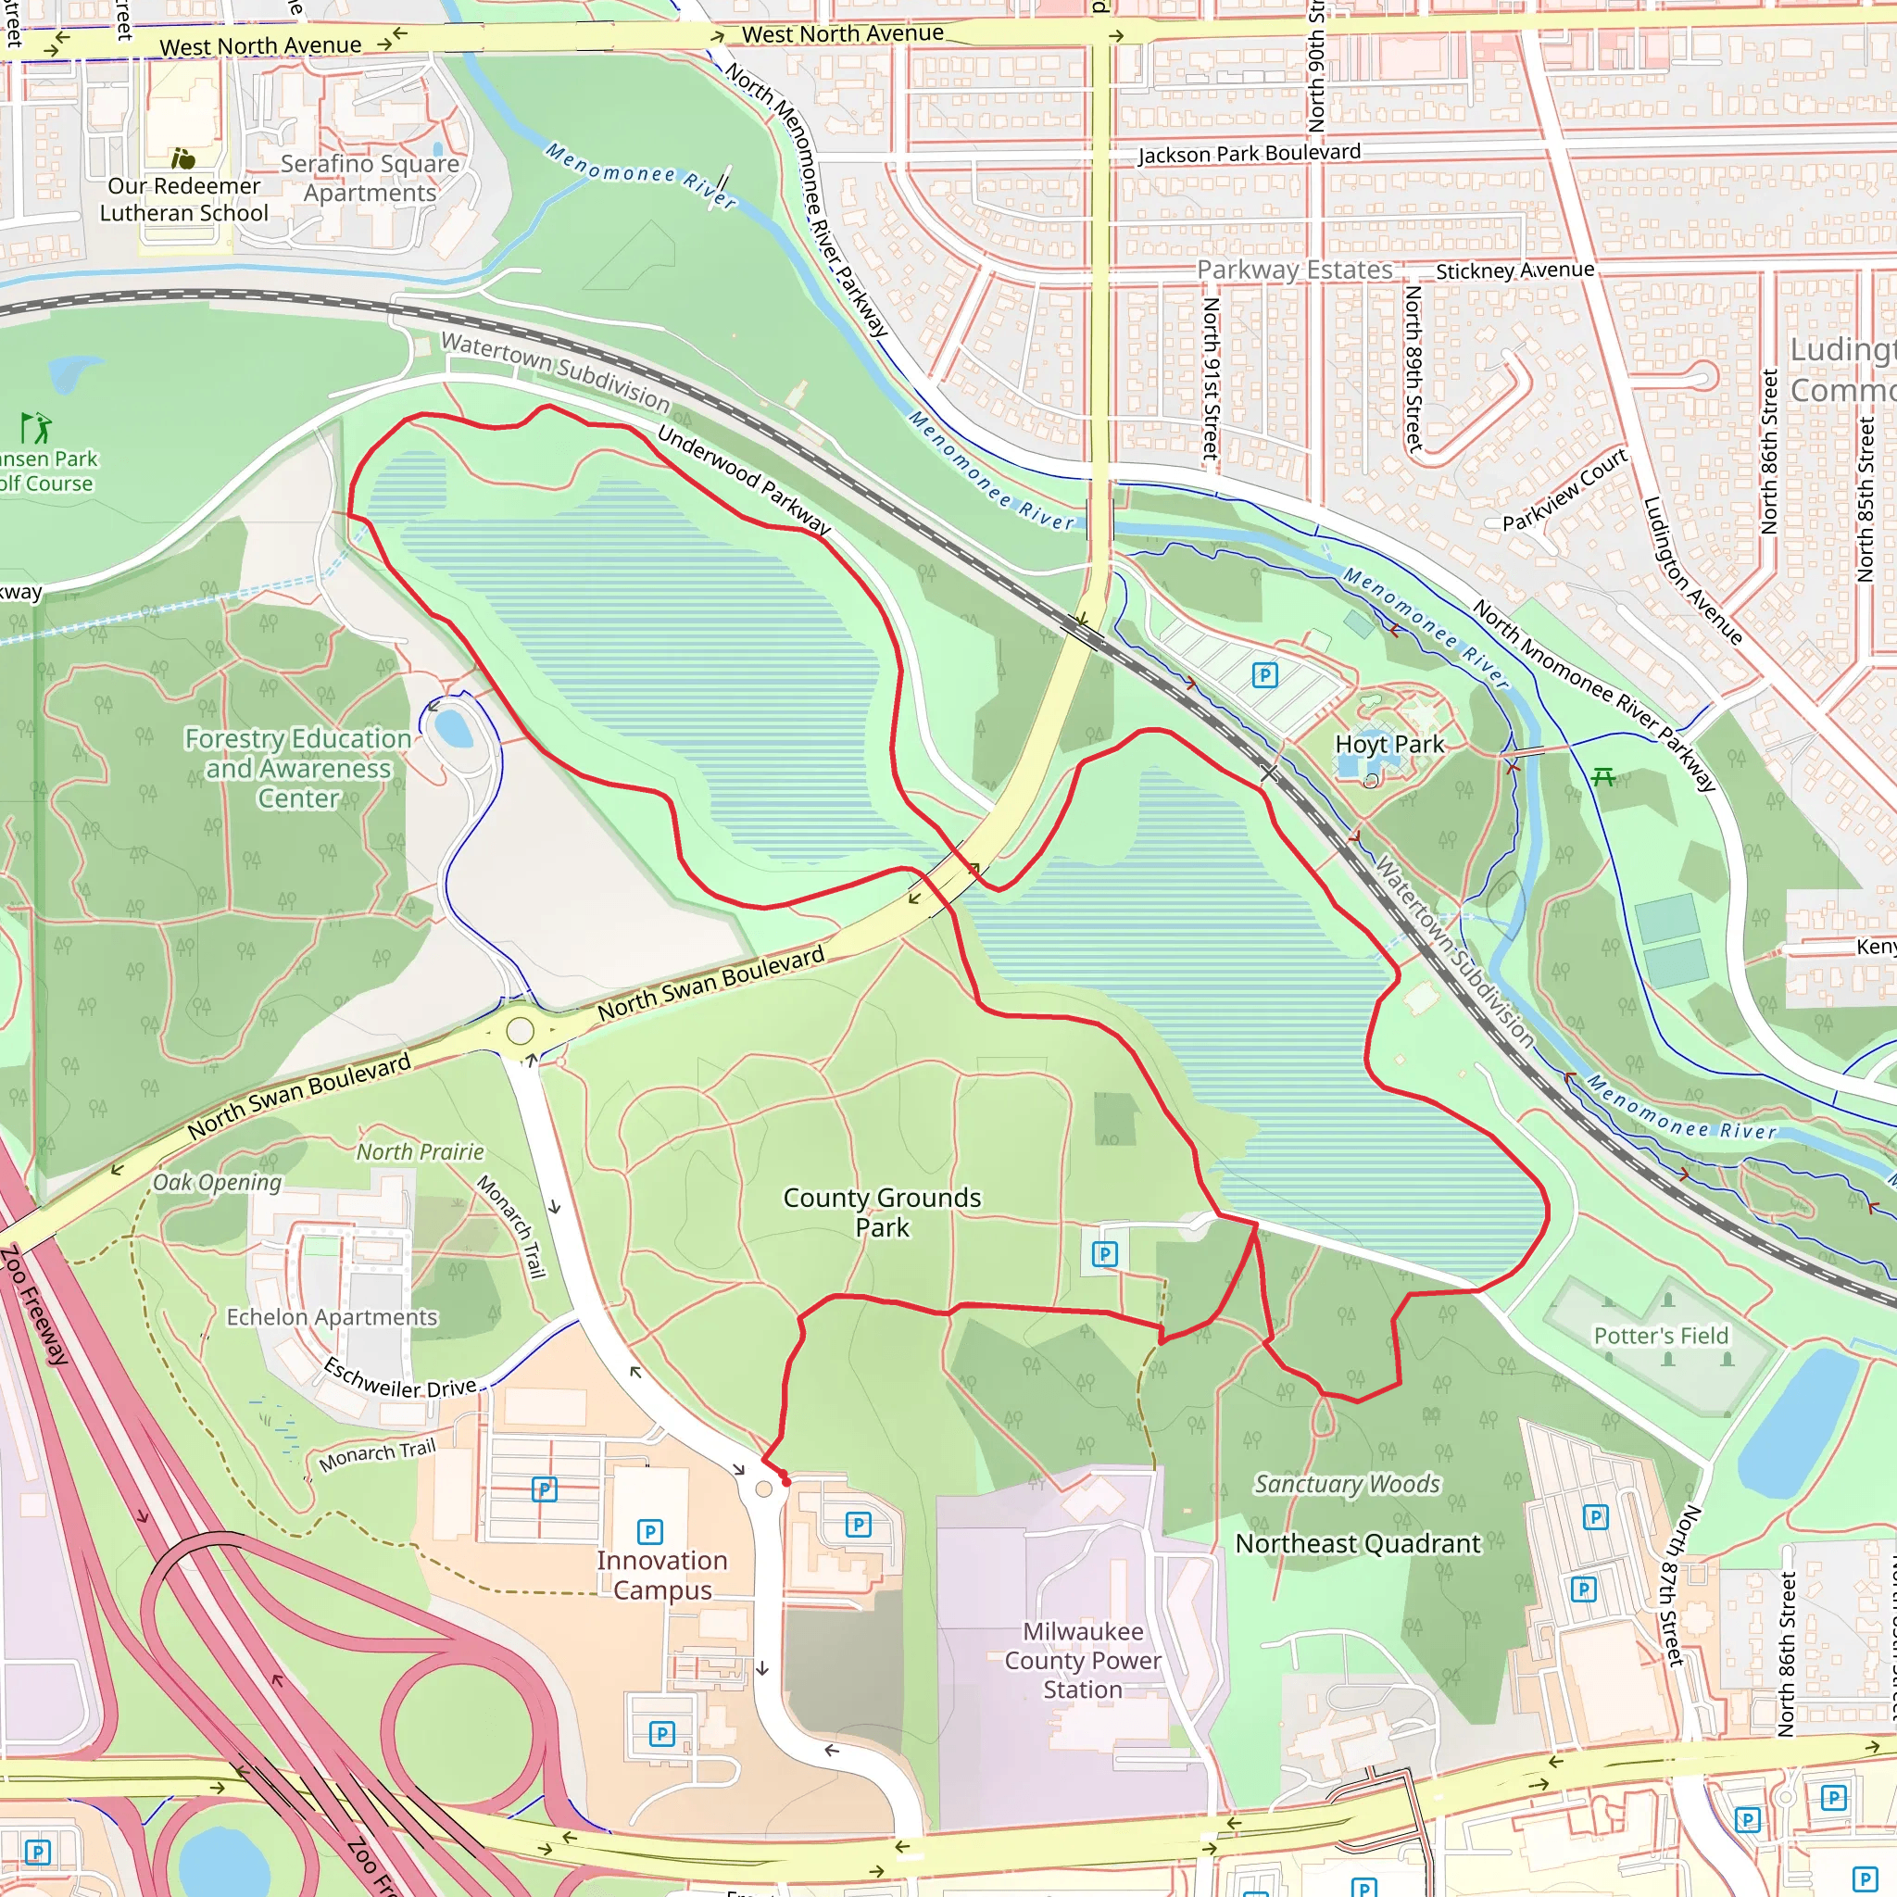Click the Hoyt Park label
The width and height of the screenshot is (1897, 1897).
[1389, 745]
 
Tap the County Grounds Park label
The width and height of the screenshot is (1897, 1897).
[882, 1212]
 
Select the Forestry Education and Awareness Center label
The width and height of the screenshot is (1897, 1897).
[297, 768]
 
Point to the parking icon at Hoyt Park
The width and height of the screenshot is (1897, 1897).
[1264, 674]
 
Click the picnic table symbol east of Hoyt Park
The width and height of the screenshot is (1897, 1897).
[1603, 778]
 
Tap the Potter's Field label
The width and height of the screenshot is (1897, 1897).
[1661, 1336]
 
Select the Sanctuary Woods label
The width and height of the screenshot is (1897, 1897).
[1347, 1484]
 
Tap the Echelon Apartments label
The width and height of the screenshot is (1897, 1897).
[332, 1317]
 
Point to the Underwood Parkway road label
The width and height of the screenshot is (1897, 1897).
[743, 480]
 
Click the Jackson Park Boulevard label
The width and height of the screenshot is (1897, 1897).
[1249, 153]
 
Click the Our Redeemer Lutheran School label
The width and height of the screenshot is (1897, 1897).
[183, 199]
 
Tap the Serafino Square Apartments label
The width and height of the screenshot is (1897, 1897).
[370, 178]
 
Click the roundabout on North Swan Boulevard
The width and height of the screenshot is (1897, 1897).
[521, 1031]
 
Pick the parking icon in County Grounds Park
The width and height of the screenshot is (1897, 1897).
[1105, 1253]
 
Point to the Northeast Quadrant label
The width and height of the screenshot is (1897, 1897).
[1357, 1543]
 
